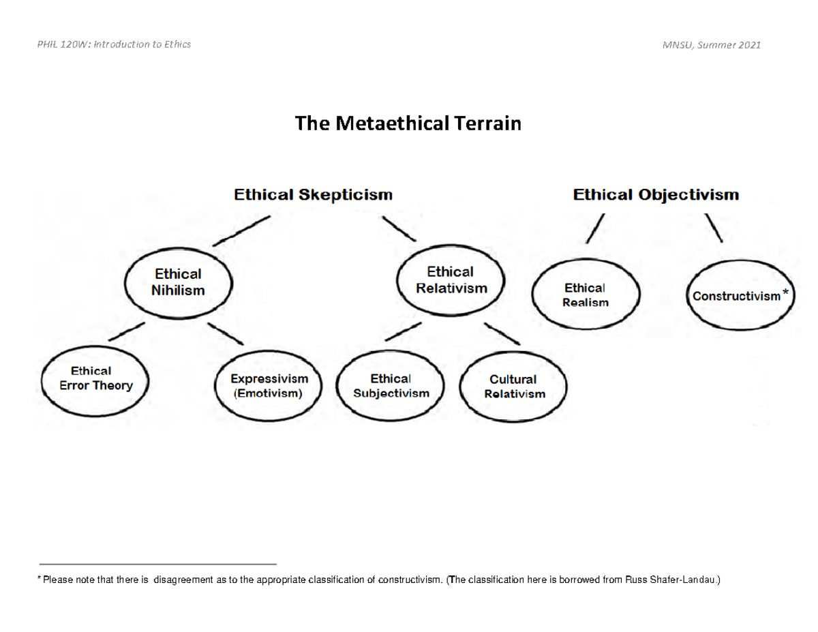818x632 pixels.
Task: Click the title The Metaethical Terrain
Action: coord(408,123)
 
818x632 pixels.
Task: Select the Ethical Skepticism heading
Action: coord(314,195)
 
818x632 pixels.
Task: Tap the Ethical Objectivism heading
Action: coord(656,195)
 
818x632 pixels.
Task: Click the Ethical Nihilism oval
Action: coord(179,282)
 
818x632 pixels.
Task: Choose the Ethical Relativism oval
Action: coord(451,280)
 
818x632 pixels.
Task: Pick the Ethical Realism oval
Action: coord(585,295)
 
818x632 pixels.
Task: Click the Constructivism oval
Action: coord(740,297)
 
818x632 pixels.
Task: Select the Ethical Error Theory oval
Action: coord(95,379)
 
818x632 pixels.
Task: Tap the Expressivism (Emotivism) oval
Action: coord(269,387)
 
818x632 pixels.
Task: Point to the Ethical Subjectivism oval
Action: coord(391,387)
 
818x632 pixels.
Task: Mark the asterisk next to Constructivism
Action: coord(786,293)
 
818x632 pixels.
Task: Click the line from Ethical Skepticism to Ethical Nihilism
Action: coord(242,231)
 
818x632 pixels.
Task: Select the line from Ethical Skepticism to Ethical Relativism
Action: coord(399,229)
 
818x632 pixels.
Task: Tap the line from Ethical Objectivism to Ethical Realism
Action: coord(594,228)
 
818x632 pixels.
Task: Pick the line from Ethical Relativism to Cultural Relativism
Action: coord(502,332)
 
